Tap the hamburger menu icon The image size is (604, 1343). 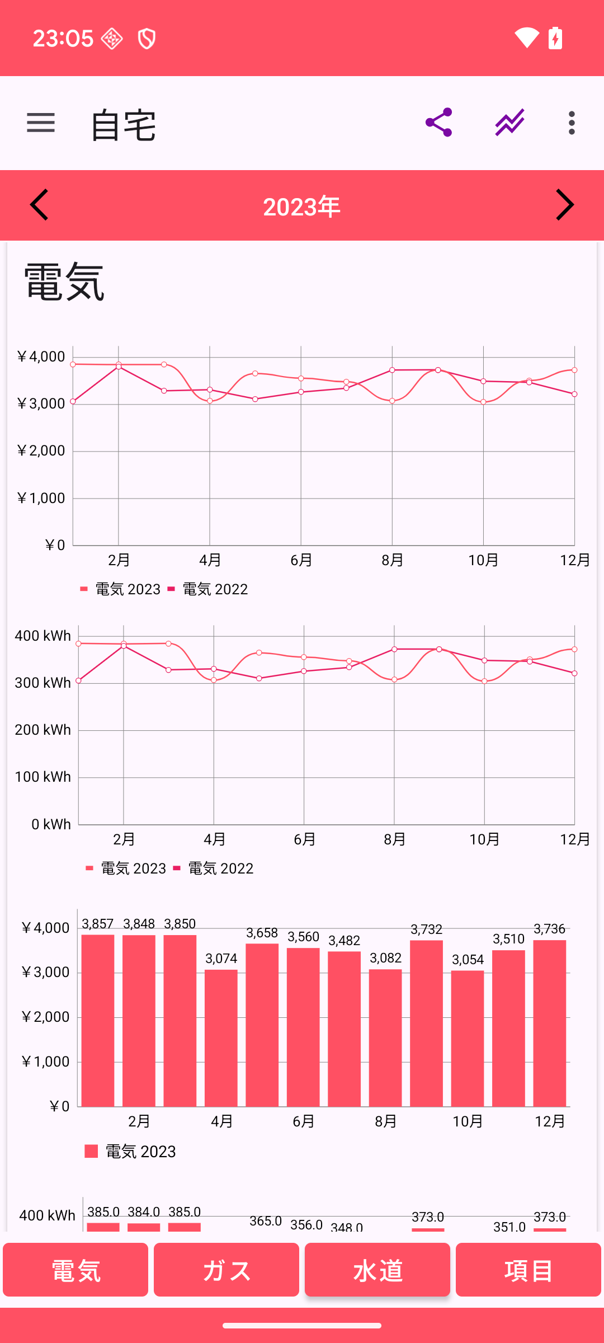41,123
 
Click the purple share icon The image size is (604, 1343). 439,123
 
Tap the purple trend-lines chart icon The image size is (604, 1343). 509,123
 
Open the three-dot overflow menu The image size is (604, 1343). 571,123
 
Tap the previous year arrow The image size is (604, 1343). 39,205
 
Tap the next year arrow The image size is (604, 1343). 564,205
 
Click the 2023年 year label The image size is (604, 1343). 301,207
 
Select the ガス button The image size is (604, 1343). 226,1270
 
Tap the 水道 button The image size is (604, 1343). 377,1270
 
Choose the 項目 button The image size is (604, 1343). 528,1270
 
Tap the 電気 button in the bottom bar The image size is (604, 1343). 75,1270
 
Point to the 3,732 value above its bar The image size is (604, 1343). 426,929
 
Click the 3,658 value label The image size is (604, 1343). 262,933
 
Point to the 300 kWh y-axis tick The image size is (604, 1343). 43,683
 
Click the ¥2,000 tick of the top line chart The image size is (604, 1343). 41,450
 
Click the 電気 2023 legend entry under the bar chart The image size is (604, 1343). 140,1152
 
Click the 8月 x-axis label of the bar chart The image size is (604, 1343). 385,1121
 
